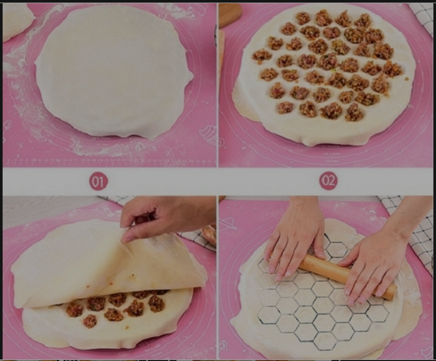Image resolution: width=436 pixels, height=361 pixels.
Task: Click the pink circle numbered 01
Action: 98,181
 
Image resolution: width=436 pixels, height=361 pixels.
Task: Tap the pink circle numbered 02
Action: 328,181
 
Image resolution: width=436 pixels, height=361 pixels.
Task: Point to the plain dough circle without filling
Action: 114,71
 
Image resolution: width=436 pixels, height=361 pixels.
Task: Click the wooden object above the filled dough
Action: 230,15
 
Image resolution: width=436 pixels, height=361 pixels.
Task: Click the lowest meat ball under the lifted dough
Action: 90,321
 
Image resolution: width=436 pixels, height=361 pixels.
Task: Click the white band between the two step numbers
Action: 214,181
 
